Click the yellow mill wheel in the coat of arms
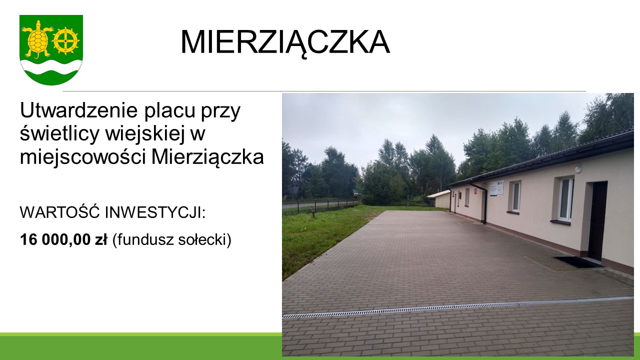click(66, 41)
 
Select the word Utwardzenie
click(79, 110)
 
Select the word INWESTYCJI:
click(155, 212)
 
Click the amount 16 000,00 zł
click(63, 239)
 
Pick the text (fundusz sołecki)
click(171, 240)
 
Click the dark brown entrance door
click(597, 220)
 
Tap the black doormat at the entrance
click(577, 262)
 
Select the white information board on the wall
click(497, 187)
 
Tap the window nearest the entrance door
click(565, 199)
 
